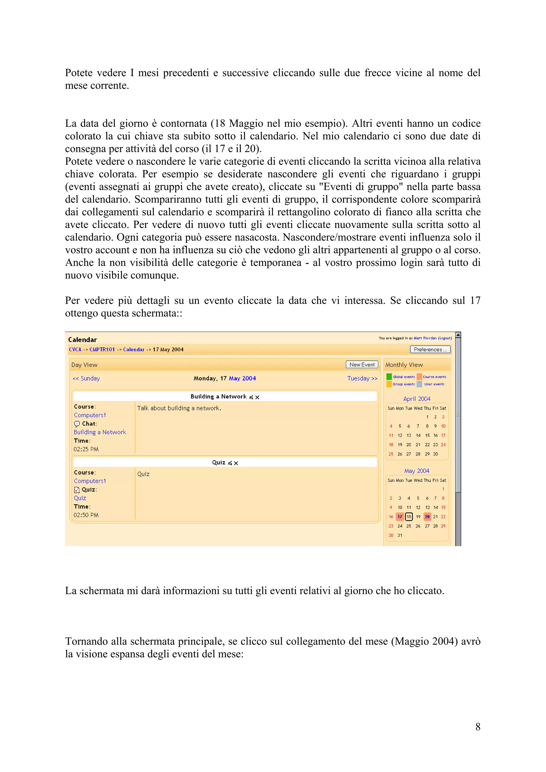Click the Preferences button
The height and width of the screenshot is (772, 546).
pyautogui.click(x=430, y=349)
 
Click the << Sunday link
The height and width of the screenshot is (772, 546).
pyautogui.click(x=86, y=378)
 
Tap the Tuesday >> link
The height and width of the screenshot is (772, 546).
pyautogui.click(x=362, y=378)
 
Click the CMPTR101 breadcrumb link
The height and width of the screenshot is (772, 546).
pyautogui.click(x=102, y=349)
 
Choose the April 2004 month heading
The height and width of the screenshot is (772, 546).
pyautogui.click(x=416, y=399)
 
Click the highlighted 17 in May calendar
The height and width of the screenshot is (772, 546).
pyautogui.click(x=400, y=517)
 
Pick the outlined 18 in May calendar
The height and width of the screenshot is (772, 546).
pyautogui.click(x=409, y=517)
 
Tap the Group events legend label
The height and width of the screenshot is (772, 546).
pyautogui.click(x=404, y=384)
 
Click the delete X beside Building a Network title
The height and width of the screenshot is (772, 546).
pyautogui.click(x=257, y=397)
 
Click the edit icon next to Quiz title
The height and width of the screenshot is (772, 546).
pyautogui.click(x=230, y=463)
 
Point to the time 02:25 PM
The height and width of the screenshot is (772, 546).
pyautogui.click(x=86, y=449)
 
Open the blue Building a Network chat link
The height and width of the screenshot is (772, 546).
pyautogui.click(x=100, y=432)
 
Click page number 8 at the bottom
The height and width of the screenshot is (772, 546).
pyautogui.click(x=478, y=727)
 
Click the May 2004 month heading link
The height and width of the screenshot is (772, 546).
pyautogui.click(x=416, y=471)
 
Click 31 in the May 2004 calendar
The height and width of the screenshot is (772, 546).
pyautogui.click(x=400, y=535)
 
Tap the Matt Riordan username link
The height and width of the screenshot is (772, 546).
pyautogui.click(x=425, y=338)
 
